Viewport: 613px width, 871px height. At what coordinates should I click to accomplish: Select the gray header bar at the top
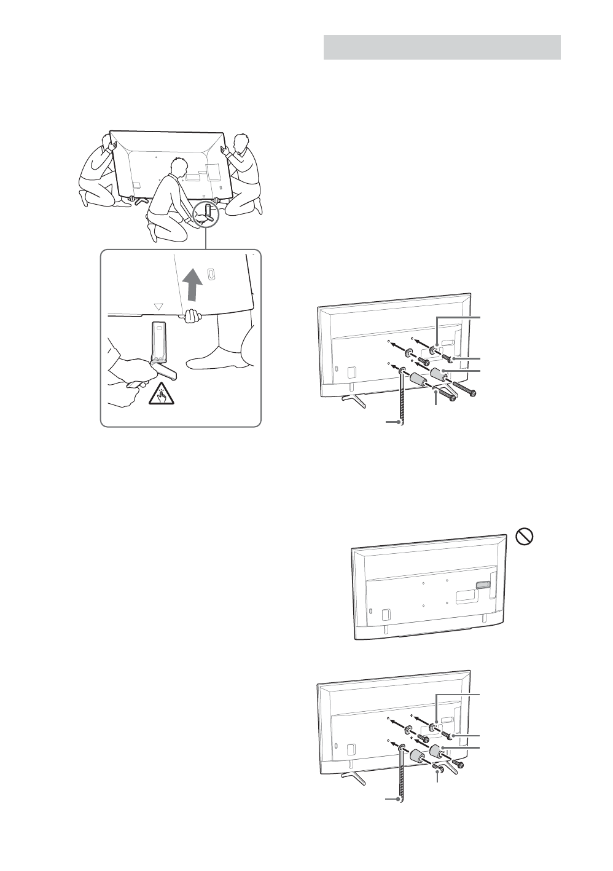tap(442, 47)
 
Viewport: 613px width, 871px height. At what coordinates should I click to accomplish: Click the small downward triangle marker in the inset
tap(158, 305)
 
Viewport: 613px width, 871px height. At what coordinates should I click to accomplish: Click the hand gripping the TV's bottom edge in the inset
tap(193, 316)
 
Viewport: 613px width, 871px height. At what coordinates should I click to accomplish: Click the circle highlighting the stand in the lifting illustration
tap(206, 215)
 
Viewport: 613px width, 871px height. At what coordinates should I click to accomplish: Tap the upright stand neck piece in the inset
tap(158, 342)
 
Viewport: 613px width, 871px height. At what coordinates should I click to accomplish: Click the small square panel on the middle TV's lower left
tap(385, 614)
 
